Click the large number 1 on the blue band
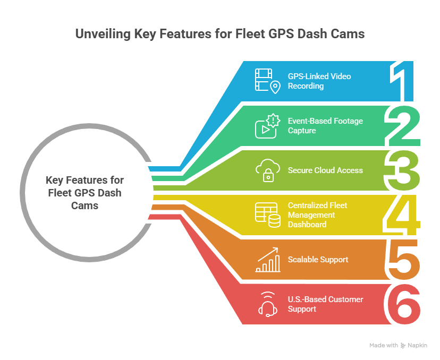399,81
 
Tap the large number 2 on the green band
402,126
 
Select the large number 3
402,170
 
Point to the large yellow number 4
402,215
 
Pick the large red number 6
402,304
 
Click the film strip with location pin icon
268,81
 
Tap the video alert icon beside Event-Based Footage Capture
268,126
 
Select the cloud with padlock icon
268,170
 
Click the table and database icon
268,215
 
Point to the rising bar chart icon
268,260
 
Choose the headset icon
268,304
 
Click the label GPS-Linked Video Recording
319,81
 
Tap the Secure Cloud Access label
325,170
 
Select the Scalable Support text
318,260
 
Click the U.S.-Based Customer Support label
326,304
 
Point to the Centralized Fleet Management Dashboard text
317,215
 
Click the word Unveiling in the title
103,34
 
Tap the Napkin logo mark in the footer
403,346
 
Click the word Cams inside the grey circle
84,205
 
